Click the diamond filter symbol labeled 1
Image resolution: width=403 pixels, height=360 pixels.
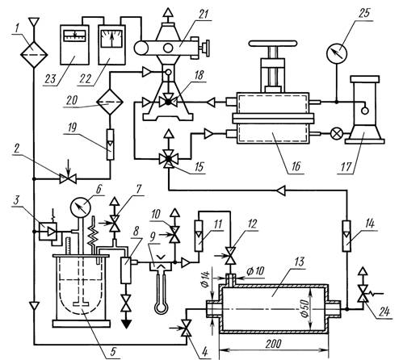pyautogui.click(x=34, y=55)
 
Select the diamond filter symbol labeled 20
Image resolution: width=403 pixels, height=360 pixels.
pyautogui.click(x=110, y=102)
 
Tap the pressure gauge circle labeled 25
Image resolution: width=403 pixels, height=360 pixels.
pyautogui.click(x=337, y=53)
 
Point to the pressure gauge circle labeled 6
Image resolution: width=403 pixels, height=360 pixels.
pyautogui.click(x=80, y=208)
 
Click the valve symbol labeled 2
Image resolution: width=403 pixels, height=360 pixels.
pyautogui.click(x=68, y=178)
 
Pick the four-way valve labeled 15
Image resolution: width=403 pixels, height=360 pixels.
pyautogui.click(x=169, y=159)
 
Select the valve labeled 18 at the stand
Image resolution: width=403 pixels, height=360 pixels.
pyautogui.click(x=169, y=102)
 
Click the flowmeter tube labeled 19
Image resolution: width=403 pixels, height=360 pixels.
pyautogui.click(x=110, y=144)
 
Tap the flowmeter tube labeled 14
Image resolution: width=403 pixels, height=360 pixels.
pyautogui.click(x=346, y=236)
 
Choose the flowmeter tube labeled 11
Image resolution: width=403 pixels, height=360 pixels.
pyautogui.click(x=199, y=236)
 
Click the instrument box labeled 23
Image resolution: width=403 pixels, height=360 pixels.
pyautogui.click(x=74, y=44)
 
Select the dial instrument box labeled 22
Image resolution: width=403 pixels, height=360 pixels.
pyautogui.click(x=111, y=44)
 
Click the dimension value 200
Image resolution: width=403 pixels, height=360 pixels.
pyautogui.click(x=274, y=344)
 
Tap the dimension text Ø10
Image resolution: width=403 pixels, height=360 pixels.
pyautogui.click(x=255, y=271)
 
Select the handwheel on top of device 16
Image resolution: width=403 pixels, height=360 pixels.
pyautogui.click(x=273, y=44)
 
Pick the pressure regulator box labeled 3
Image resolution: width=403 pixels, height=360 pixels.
pyautogui.click(x=48, y=231)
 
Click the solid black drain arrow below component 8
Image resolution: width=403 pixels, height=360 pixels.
pyautogui.click(x=127, y=324)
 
